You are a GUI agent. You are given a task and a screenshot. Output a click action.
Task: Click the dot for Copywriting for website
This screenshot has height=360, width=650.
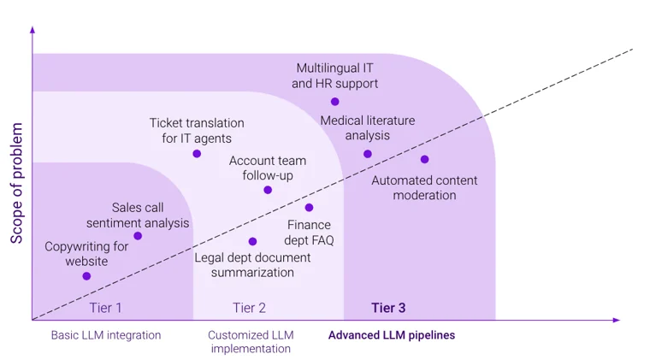coord(86,276)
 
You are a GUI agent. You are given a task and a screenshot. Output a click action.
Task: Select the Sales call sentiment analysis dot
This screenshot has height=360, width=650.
coord(138,236)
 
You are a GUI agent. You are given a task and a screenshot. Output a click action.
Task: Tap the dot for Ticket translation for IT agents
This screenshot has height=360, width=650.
coord(197,154)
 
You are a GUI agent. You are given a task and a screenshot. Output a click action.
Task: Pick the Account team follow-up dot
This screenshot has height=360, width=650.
coord(268,190)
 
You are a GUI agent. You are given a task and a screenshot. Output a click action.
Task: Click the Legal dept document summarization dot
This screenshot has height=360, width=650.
coord(252,242)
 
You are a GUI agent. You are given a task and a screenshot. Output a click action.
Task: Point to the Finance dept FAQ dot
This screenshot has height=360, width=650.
coord(309,208)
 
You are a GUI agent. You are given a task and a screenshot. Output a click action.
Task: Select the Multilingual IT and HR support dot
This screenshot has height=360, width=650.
coord(334,102)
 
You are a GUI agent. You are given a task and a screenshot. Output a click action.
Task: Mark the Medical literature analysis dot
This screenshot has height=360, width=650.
coord(368,154)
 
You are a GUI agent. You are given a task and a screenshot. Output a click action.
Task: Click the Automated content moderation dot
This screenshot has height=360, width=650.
coord(424,159)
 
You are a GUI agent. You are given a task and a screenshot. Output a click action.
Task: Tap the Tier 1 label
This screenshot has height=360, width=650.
coord(105,308)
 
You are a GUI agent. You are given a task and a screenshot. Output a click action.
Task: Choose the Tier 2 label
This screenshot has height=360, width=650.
coord(249,308)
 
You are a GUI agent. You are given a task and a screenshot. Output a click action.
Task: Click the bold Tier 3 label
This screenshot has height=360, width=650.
coord(388,308)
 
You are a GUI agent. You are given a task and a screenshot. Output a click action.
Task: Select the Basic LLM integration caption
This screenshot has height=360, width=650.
coord(105,335)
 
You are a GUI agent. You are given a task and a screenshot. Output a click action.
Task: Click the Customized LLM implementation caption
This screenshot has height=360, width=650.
coord(251,341)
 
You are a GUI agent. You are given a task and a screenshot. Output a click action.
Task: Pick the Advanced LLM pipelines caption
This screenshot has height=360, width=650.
coord(392,335)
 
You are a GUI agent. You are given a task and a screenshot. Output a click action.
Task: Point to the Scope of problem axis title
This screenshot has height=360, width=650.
coord(16,183)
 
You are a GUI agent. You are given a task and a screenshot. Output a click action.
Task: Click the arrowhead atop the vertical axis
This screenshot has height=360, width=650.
coord(32,31)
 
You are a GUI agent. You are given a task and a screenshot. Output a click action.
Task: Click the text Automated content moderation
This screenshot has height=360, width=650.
coord(424,187)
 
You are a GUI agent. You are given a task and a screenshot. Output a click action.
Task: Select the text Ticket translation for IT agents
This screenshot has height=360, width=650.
coord(197,130)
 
